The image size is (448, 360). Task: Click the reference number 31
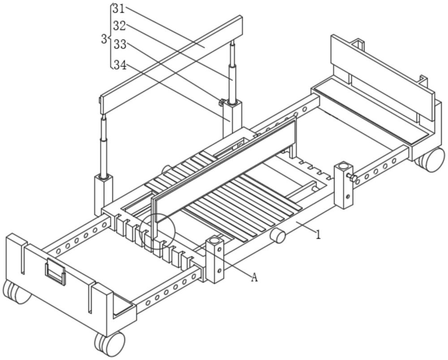118,8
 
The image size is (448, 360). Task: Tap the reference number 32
119,26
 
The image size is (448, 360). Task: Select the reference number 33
120,45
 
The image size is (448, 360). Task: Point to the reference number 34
120,65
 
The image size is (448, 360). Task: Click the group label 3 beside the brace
104,39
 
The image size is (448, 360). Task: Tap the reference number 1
319,235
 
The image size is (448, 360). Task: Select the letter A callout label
254,278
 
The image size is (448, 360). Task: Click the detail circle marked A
157,231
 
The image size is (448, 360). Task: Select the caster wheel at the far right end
431,159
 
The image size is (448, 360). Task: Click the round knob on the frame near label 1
279,236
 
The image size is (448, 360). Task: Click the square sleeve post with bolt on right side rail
344,185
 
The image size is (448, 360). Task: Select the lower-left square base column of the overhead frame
103,193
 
